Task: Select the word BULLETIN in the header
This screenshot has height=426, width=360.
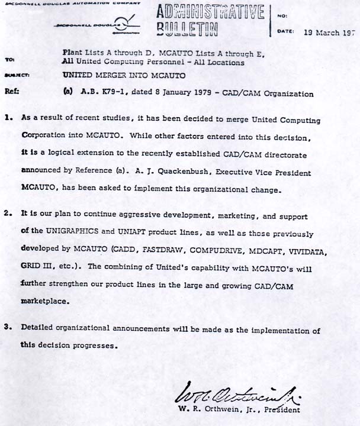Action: pyautogui.click(x=188, y=29)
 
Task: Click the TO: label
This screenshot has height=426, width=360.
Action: pyautogui.click(x=9, y=60)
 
